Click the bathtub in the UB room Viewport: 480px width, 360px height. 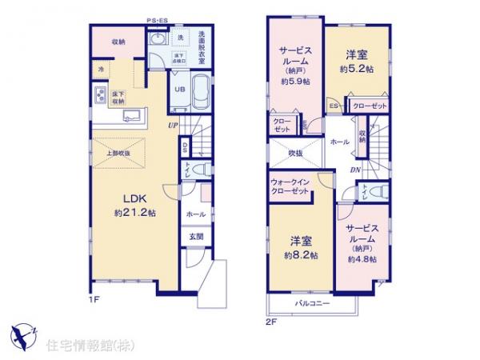coord(200,89)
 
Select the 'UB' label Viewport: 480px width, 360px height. coord(179,90)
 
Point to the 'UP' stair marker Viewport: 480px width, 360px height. coord(173,125)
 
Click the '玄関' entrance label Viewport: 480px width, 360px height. coord(196,237)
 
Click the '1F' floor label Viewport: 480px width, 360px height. coord(94,300)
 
